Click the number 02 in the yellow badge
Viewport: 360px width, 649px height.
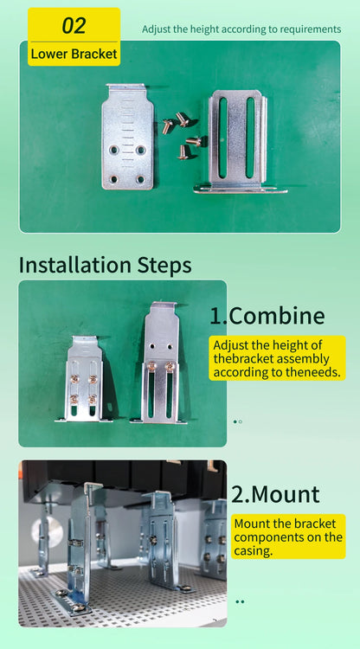coord(74,25)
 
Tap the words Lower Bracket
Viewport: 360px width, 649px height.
coord(74,54)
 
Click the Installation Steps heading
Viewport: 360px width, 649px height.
coord(105,265)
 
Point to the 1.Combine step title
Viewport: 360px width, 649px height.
coord(267,316)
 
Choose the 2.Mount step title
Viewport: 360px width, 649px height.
coord(275,494)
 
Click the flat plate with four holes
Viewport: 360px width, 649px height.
coord(127,136)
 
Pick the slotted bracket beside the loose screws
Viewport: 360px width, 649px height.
coord(239,142)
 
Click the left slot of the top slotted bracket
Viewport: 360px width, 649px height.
coord(223,138)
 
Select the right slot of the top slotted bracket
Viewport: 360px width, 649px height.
coord(250,138)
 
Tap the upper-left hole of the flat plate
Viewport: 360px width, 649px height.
coord(113,150)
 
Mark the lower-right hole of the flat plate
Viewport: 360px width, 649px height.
coord(141,179)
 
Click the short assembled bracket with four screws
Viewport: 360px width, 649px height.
coord(84,379)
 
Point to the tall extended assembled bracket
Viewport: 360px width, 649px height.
coord(159,363)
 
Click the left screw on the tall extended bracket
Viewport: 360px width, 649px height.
coord(151,365)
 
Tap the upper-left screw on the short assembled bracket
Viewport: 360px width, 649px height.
coord(75,379)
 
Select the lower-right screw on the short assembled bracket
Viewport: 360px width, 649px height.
coord(93,399)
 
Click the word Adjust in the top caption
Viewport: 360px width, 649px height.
coord(153,29)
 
